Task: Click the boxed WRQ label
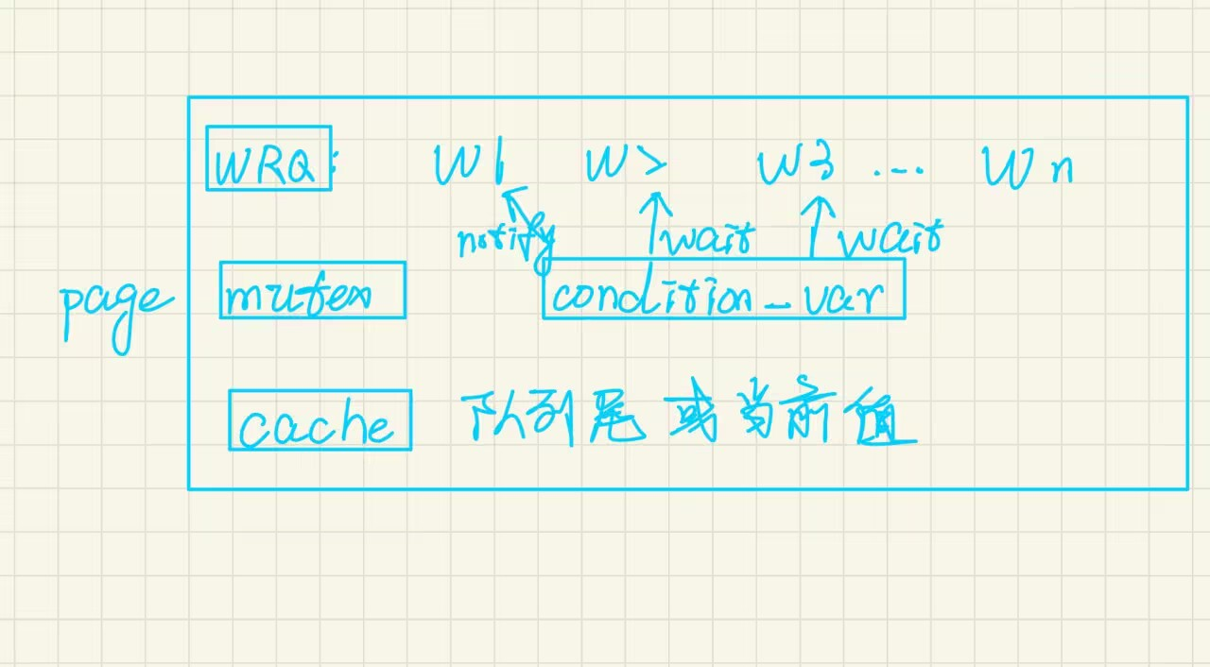pyautogui.click(x=268, y=159)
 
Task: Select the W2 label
pyautogui.click(x=625, y=164)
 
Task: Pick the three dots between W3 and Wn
pyautogui.click(x=898, y=172)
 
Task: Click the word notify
pyautogui.click(x=504, y=242)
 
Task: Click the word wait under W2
pyautogui.click(x=708, y=238)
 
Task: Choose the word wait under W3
pyautogui.click(x=890, y=240)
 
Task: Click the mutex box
pyautogui.click(x=312, y=290)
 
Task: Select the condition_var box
pyautogui.click(x=723, y=289)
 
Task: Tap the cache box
pyautogui.click(x=320, y=420)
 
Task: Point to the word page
pyautogui.click(x=114, y=307)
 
